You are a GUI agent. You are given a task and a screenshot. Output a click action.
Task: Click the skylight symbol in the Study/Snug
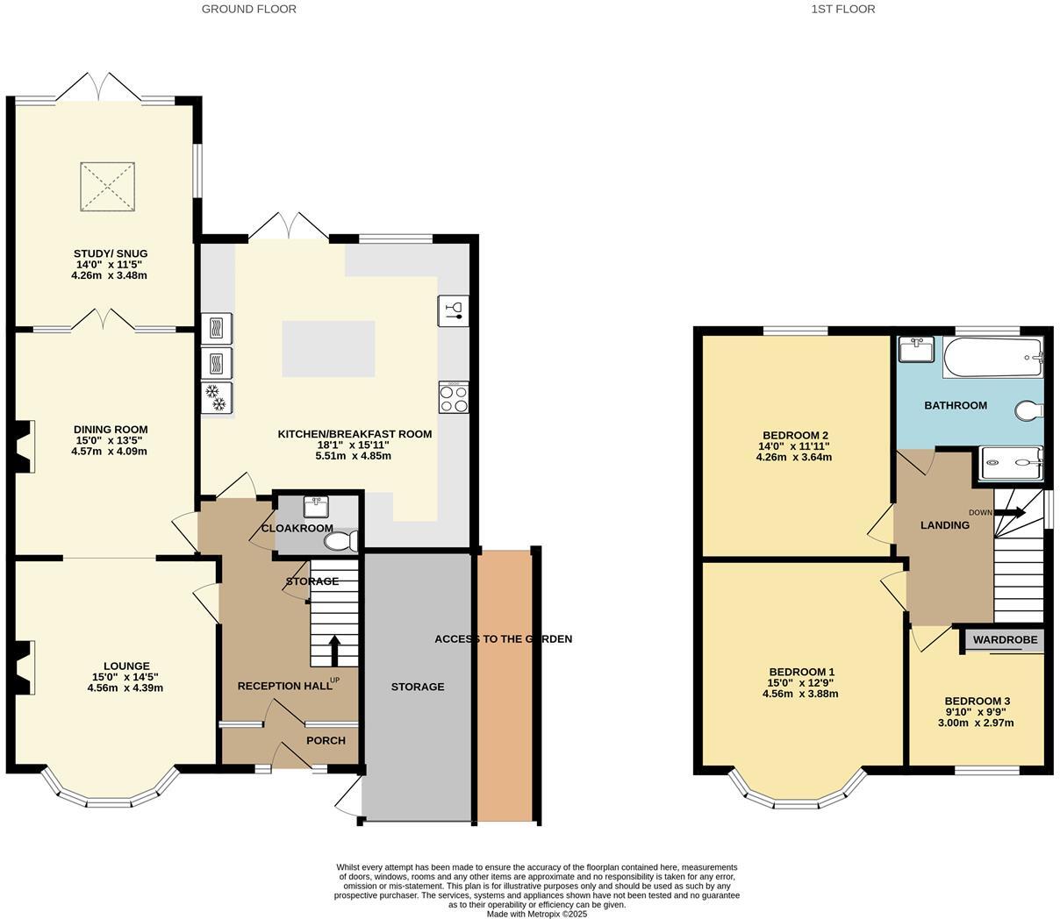pyautogui.click(x=108, y=187)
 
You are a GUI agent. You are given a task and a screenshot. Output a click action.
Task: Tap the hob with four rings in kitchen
pyautogui.click(x=454, y=398)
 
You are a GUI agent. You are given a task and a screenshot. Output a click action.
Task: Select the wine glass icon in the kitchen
pyautogui.click(x=454, y=310)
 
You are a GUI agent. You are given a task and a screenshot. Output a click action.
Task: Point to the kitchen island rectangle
pyautogui.click(x=328, y=349)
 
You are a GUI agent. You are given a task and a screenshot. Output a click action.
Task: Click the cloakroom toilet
pyautogui.click(x=340, y=542)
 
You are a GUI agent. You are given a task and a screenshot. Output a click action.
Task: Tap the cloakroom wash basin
pyautogui.click(x=316, y=507)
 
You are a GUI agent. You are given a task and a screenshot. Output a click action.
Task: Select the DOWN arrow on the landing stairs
pyautogui.click(x=1009, y=512)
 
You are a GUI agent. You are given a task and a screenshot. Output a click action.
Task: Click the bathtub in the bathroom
pyautogui.click(x=992, y=358)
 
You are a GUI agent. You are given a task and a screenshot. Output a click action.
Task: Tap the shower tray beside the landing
pyautogui.click(x=1011, y=464)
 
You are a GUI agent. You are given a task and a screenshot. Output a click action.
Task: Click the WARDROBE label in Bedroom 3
pyautogui.click(x=1005, y=640)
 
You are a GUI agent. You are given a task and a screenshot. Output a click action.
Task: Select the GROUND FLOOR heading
pyautogui.click(x=249, y=9)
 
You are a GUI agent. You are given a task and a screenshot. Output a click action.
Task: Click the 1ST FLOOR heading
pyautogui.click(x=842, y=9)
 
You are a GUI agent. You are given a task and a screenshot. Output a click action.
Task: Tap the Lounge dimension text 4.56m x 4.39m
pyautogui.click(x=125, y=687)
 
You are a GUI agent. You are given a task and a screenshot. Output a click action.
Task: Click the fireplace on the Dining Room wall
pyautogui.click(x=25, y=442)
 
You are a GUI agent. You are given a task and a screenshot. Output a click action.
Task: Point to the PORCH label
pyautogui.click(x=326, y=740)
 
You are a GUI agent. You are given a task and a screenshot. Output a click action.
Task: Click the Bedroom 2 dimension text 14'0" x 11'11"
pyautogui.click(x=795, y=445)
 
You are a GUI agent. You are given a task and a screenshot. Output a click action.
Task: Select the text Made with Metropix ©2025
pyautogui.click(x=537, y=914)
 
